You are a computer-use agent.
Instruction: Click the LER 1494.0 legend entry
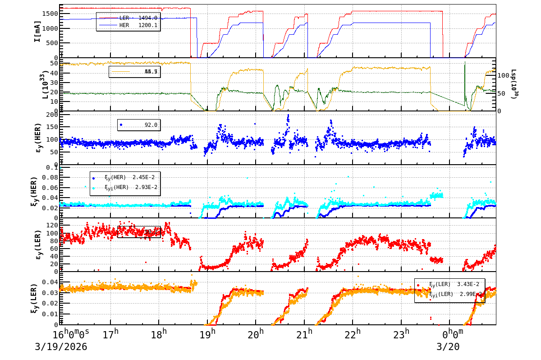128,18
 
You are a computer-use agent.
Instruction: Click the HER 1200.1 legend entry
128,25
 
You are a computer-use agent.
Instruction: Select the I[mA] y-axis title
38,32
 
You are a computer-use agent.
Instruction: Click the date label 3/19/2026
61,347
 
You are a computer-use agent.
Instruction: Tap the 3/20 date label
448,347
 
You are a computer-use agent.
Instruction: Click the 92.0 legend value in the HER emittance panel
151,125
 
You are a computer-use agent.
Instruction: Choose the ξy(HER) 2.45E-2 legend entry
129,178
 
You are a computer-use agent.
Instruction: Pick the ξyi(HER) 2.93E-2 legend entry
129,187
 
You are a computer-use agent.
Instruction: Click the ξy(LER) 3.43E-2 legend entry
454,284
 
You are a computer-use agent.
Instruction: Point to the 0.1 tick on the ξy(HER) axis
51,168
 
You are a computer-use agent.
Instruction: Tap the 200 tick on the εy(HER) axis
50,115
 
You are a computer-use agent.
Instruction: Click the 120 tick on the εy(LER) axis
50,225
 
